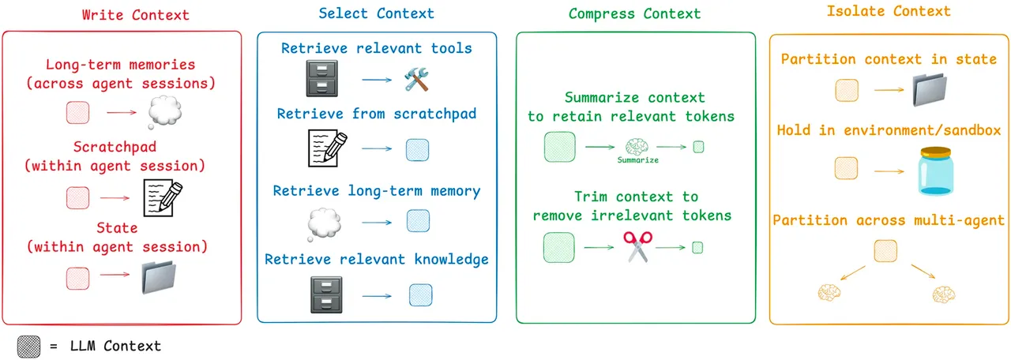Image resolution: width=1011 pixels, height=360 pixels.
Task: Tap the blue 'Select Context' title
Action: click(x=376, y=14)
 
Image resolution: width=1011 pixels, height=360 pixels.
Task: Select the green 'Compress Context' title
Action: click(x=634, y=14)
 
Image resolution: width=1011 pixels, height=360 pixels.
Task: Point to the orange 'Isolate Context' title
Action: click(x=889, y=12)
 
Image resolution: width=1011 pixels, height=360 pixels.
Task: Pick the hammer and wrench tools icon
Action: click(x=415, y=80)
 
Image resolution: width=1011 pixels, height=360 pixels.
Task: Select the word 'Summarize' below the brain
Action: click(x=637, y=160)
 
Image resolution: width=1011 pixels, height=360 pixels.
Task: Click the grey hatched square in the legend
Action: click(x=30, y=346)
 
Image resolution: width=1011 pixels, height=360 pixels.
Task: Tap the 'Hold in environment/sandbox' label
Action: click(x=889, y=130)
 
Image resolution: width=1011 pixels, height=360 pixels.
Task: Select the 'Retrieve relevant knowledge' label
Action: click(x=377, y=260)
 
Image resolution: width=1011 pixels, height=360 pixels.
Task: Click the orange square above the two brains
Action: click(x=885, y=252)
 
